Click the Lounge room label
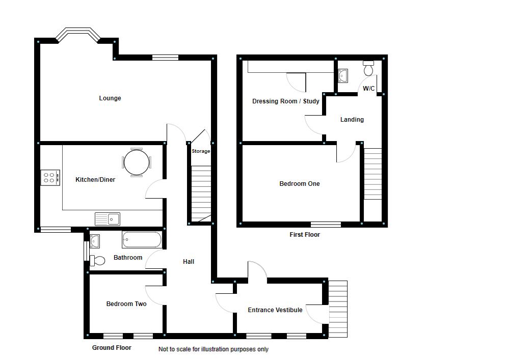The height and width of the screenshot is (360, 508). pos(110,98)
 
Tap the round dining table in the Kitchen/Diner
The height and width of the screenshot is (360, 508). pos(137,162)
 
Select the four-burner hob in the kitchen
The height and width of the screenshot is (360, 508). pos(50,177)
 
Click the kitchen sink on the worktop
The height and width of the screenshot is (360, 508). pos(108,219)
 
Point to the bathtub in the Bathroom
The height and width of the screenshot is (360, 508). pos(142,239)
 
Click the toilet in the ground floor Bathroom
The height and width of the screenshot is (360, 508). pos(98,261)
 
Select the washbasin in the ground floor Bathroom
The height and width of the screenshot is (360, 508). pos(95,241)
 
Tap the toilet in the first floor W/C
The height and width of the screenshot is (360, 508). pos(368,68)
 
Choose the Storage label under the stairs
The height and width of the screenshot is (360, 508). pos(201,151)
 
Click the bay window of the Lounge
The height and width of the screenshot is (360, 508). pos(77,35)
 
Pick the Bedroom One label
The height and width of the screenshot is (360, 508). pos(300,184)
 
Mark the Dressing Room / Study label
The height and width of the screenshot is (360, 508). pos(286,101)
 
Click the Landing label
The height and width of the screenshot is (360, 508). pos(352,120)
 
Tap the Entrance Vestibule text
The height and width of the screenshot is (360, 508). pos(275,310)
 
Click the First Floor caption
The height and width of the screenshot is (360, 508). pos(305,235)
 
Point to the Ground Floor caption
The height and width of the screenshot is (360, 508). pos(112,348)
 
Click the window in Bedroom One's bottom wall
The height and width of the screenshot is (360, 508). pos(326,224)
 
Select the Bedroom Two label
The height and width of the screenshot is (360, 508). pos(126,304)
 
